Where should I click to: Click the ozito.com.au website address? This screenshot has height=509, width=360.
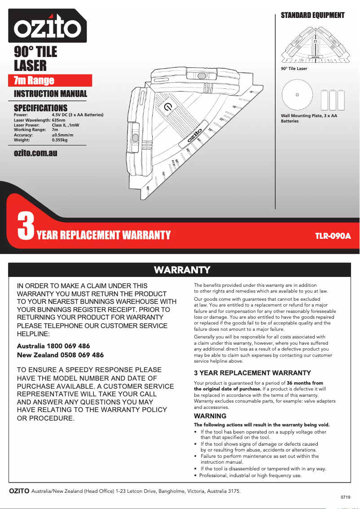(35, 153)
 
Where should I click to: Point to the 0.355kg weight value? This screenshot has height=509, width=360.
(60, 140)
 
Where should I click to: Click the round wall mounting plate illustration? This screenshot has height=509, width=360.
(297, 95)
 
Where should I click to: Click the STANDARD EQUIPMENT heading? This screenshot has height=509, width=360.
(312, 15)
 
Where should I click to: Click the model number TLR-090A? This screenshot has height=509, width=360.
(333, 235)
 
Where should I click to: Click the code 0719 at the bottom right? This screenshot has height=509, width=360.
(345, 497)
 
